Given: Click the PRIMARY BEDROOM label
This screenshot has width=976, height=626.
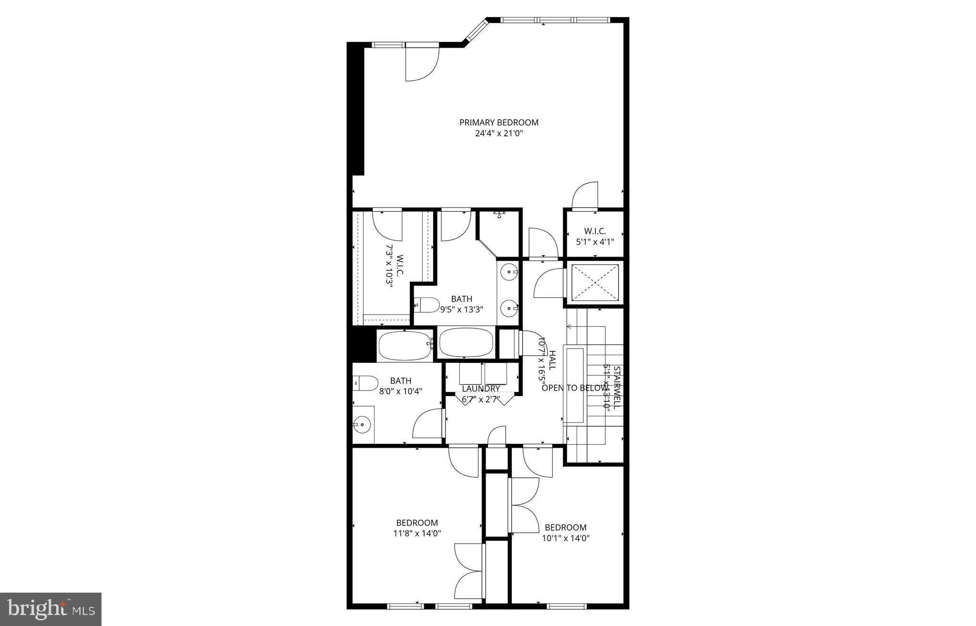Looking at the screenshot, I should coord(498,123).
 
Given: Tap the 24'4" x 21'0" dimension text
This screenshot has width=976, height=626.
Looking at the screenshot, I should coord(498,133).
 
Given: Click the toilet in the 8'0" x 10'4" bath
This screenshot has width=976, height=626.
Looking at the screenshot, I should coord(366,383).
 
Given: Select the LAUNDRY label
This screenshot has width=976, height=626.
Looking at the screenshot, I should coord(480,389).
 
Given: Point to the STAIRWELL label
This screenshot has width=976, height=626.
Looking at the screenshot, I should coord(616,387).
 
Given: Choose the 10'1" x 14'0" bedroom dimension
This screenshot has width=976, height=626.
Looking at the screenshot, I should coord(566,538).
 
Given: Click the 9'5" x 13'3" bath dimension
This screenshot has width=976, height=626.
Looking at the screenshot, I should coord(461,309).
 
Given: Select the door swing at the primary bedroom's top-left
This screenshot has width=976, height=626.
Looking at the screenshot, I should coord(422,64).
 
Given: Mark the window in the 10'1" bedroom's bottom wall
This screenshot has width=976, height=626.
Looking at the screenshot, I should coord(566,606).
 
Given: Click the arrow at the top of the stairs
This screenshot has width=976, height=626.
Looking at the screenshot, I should coord(569,327).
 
